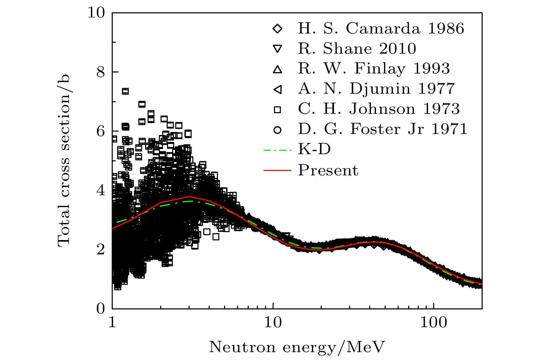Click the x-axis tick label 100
point(433,322)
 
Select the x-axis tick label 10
point(273,322)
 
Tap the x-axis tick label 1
point(112,322)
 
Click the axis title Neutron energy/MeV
point(297,347)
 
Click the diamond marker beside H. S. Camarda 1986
point(278,29)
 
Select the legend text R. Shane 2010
point(357,49)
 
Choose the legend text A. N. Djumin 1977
point(376,89)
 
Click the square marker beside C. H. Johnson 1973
point(278,110)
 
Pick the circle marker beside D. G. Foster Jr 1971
point(278,130)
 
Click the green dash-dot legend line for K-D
point(277,150)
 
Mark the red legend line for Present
point(277,170)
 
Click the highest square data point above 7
point(125,91)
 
